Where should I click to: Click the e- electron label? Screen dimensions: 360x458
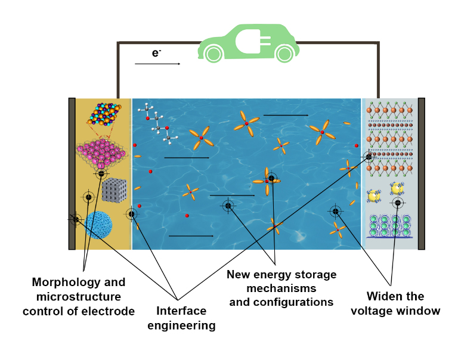(x=156, y=53)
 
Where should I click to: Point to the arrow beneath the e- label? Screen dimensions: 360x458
(x=157, y=64)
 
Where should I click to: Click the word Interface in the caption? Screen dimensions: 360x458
(x=181, y=311)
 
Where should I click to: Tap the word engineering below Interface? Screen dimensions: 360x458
(x=181, y=325)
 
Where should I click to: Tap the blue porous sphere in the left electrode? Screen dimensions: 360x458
(x=98, y=225)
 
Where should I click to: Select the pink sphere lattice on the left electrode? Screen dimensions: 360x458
(x=100, y=153)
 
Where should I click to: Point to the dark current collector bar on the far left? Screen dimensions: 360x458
(x=72, y=173)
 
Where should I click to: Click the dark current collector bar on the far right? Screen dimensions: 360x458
(x=421, y=173)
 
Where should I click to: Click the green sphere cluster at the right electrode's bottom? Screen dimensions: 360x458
(x=391, y=226)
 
